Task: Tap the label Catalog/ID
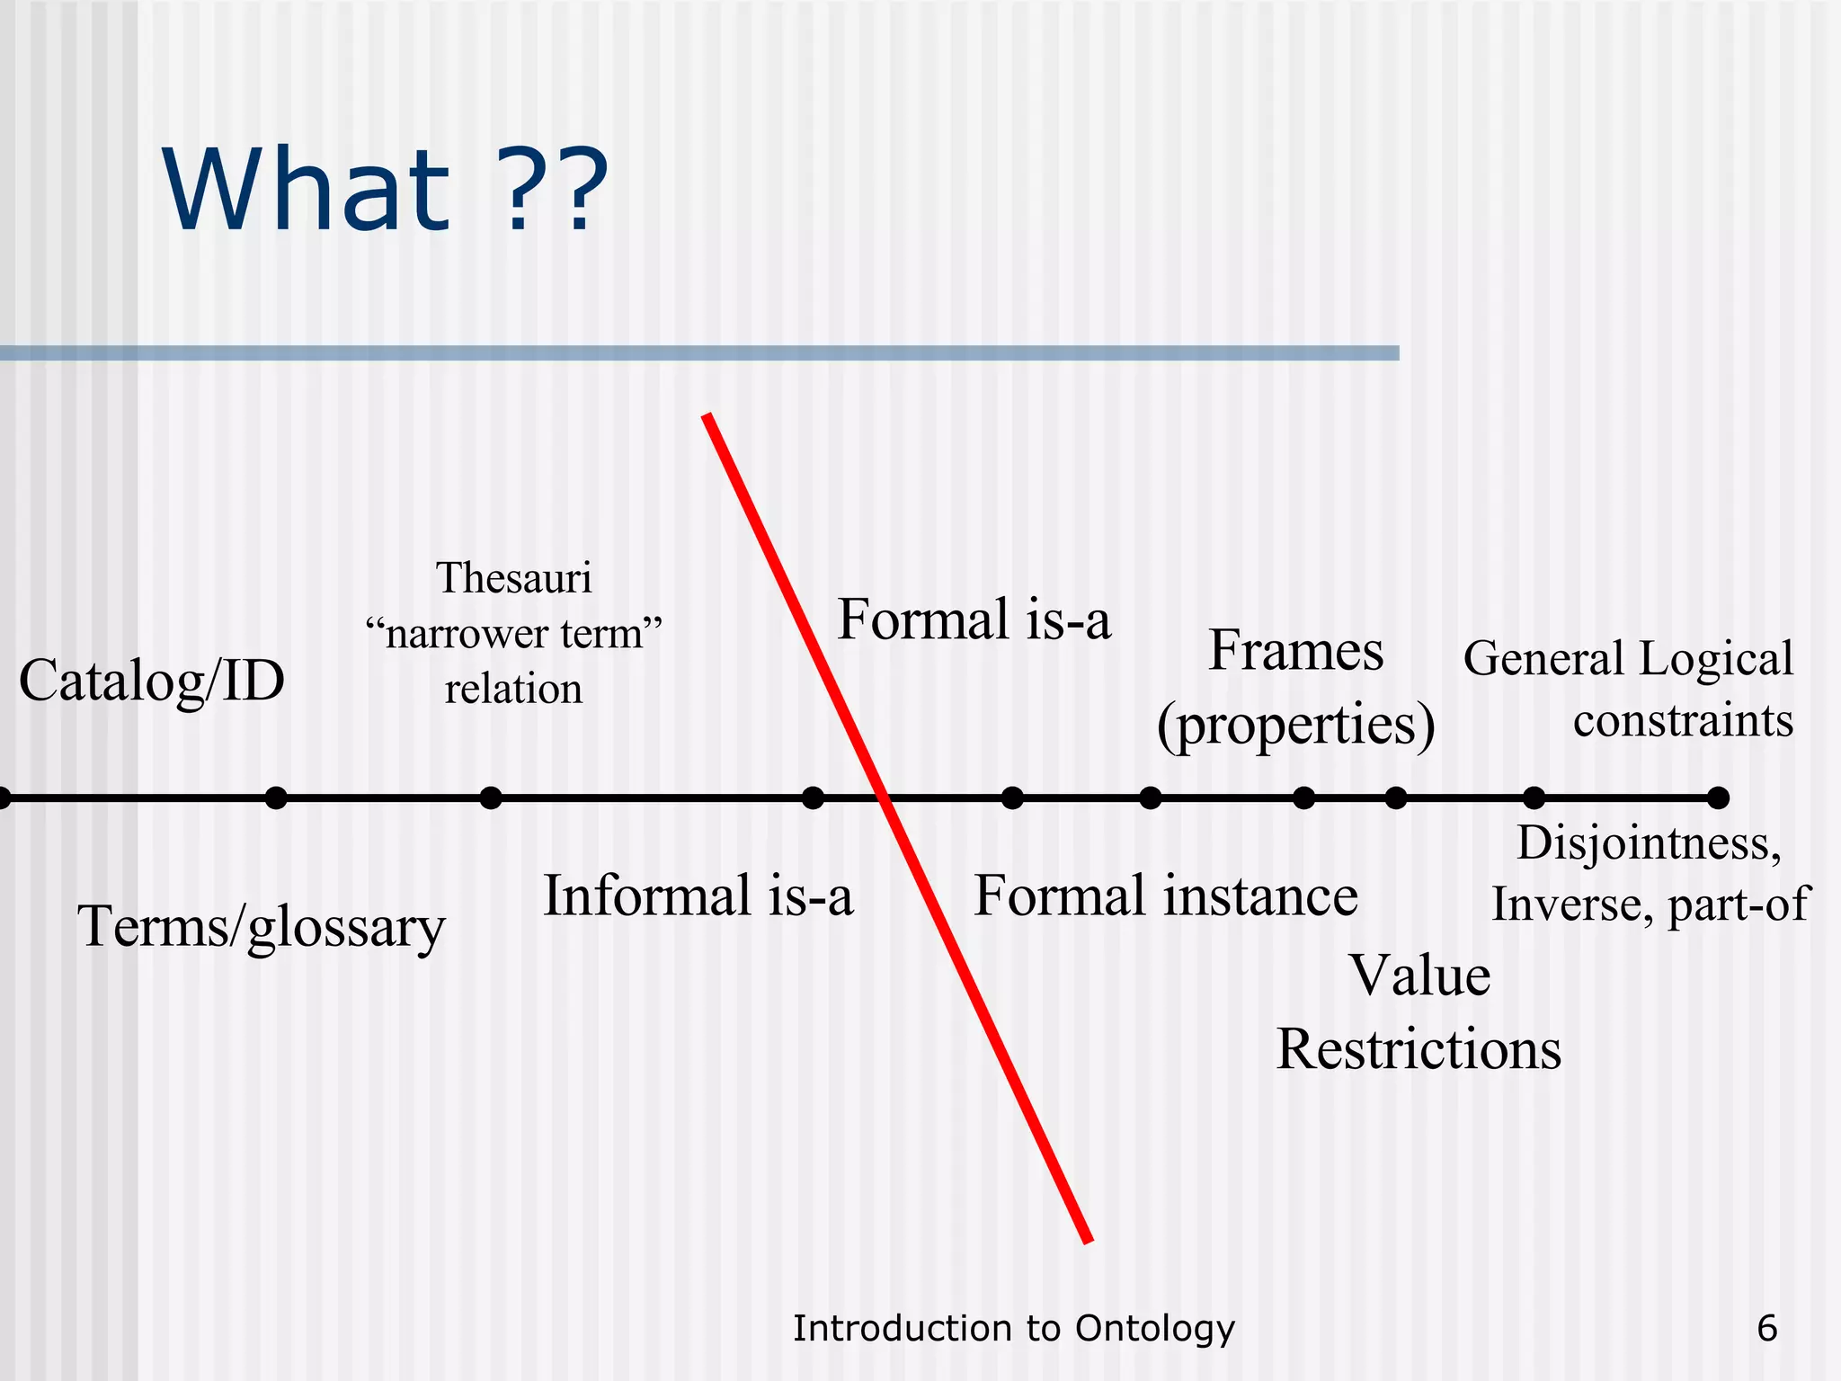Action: pyautogui.click(x=152, y=681)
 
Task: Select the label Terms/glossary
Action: pyautogui.click(x=262, y=926)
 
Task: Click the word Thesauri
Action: pyautogui.click(x=514, y=578)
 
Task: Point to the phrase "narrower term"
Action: pyautogui.click(x=514, y=634)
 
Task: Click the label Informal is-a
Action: pyautogui.click(x=698, y=895)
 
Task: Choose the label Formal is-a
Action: pyautogui.click(x=974, y=619)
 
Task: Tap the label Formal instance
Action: pyautogui.click(x=1166, y=895)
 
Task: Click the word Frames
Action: pyautogui.click(x=1295, y=651)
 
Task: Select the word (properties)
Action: pyautogui.click(x=1295, y=725)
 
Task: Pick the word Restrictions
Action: pyautogui.click(x=1419, y=1049)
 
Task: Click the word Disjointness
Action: pyautogui.click(x=1649, y=843)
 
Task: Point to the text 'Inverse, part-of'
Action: pyautogui.click(x=1649, y=904)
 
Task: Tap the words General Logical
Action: pyautogui.click(x=1628, y=658)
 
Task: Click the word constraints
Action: pyautogui.click(x=1683, y=721)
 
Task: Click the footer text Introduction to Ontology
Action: pyautogui.click(x=1014, y=1328)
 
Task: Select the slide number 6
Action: pyautogui.click(x=1766, y=1328)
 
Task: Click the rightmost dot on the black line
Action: pyautogui.click(x=1718, y=797)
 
